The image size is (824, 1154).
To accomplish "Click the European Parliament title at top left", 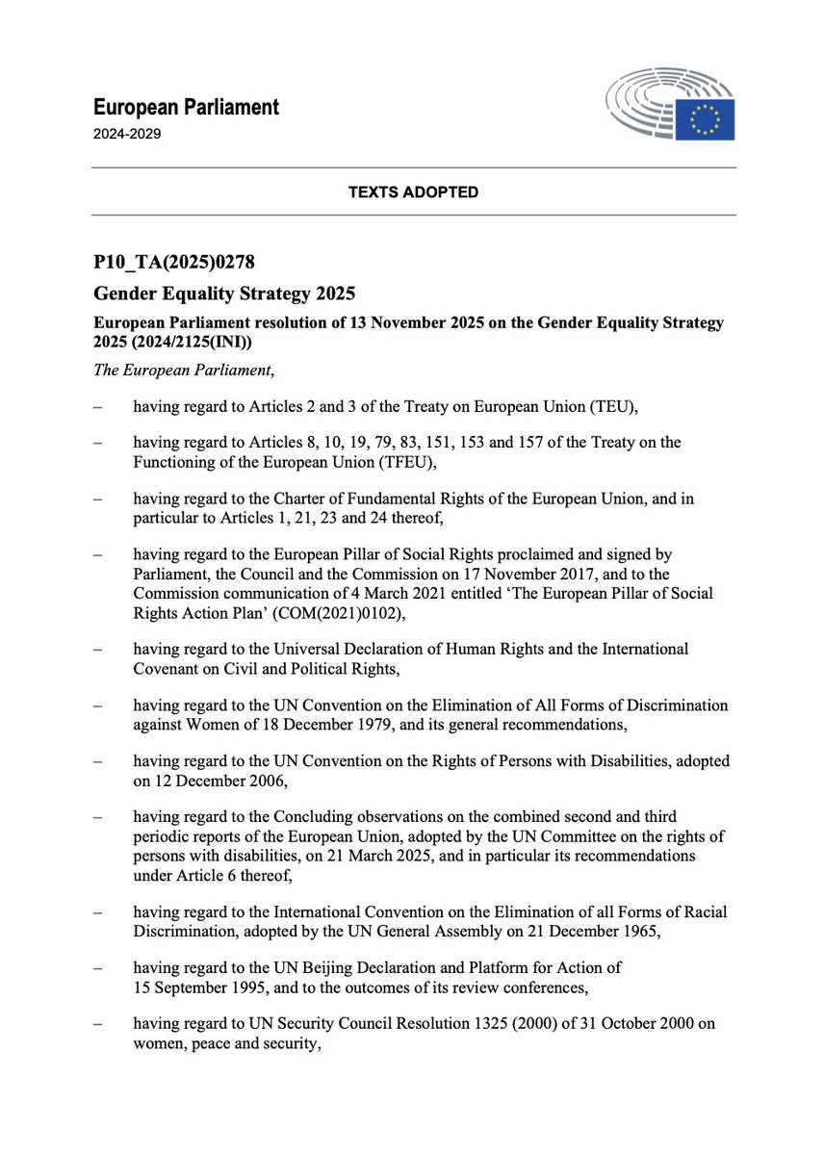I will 186,107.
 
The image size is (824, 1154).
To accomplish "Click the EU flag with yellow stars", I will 705,118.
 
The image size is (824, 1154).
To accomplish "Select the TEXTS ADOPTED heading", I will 413,192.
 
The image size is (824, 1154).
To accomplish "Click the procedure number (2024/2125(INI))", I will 204,342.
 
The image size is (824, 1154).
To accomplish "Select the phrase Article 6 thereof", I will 234,873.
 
